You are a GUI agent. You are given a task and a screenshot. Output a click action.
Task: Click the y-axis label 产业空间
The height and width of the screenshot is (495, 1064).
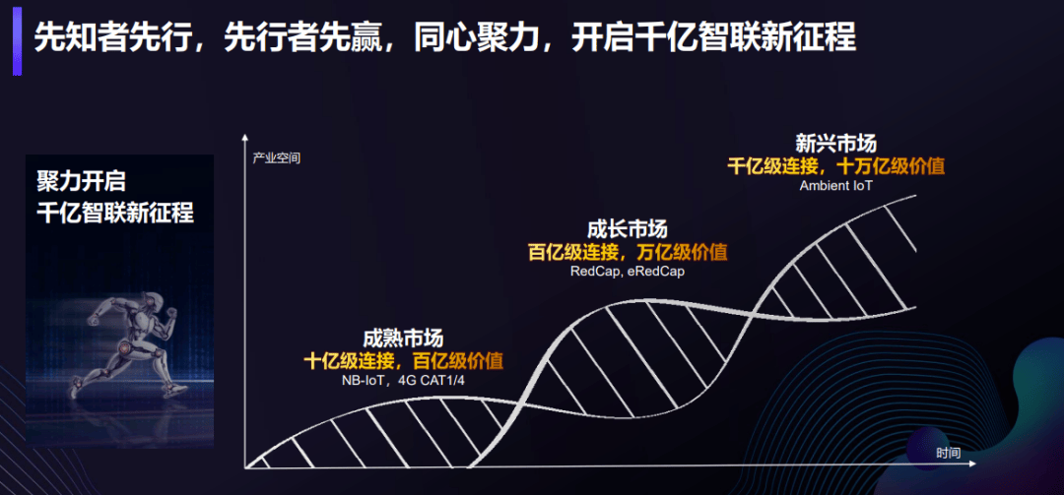276,159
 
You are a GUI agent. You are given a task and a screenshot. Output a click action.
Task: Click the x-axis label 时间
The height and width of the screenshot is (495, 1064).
948,453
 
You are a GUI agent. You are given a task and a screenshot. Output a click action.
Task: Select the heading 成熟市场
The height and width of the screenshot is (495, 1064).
403,339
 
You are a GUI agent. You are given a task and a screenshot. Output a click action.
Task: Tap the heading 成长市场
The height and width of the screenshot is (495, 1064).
628,229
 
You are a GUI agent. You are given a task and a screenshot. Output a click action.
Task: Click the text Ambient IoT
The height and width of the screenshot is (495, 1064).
835,184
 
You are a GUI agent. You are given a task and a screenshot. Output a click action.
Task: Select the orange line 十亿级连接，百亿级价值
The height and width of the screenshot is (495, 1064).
404,361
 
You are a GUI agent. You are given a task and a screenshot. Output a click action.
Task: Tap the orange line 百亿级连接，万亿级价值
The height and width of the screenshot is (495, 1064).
628,252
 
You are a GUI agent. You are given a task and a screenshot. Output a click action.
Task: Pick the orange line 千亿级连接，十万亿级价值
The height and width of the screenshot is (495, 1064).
836,166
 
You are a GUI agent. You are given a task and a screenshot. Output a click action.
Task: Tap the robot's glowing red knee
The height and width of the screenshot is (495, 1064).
125,347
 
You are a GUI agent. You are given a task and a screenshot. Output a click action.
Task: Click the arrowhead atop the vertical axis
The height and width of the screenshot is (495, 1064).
244,139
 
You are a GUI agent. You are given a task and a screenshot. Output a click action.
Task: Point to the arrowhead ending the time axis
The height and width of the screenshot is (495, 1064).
971,464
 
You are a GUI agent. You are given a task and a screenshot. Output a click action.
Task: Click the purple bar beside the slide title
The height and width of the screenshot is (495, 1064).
17,40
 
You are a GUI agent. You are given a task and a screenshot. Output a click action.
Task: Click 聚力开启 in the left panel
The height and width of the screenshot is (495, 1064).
82,182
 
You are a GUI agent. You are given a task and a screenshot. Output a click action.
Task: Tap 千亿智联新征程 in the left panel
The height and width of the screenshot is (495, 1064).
115,213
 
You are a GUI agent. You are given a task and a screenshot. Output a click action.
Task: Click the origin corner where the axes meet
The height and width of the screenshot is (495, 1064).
245,467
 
